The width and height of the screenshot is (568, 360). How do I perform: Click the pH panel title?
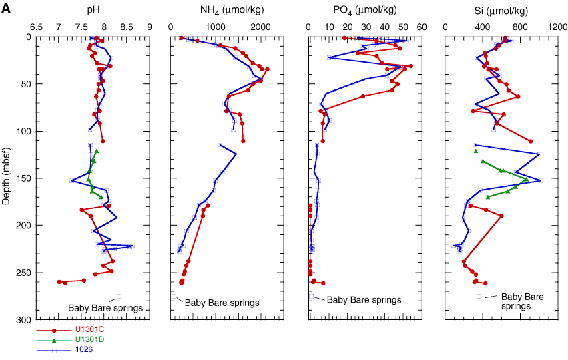pyautogui.click(x=91, y=11)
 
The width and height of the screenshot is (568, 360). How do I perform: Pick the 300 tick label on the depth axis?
pyautogui.click(x=23, y=320)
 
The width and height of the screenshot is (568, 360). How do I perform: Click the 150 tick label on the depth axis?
pyautogui.click(x=23, y=178)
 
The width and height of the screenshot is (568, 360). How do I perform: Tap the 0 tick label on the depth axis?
pyautogui.click(x=28, y=37)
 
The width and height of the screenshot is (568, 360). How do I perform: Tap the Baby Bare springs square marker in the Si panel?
pyautogui.click(x=479, y=296)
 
